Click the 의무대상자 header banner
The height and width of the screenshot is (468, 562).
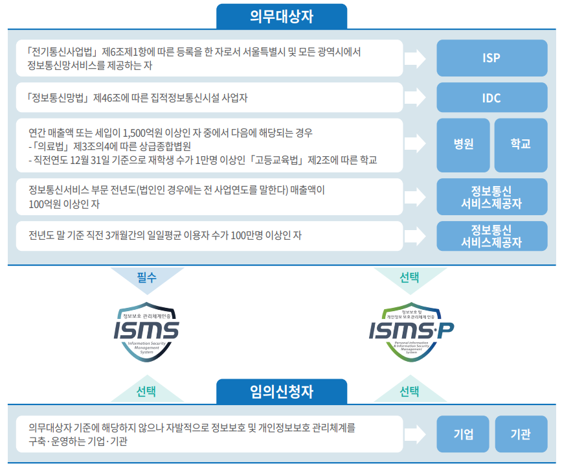281,16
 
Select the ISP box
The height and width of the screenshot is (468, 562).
491,58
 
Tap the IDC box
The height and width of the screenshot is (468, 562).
491,99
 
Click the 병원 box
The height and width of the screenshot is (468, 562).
463,143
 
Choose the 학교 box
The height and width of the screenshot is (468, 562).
520,143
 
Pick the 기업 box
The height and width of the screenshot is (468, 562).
463,434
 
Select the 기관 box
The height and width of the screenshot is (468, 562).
520,434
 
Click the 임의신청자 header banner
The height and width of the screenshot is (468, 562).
281,391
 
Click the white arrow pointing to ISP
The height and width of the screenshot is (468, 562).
414,58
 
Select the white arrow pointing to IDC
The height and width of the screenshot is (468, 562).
414,99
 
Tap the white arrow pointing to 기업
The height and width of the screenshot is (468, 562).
414,434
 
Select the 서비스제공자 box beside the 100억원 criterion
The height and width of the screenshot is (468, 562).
491,197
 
